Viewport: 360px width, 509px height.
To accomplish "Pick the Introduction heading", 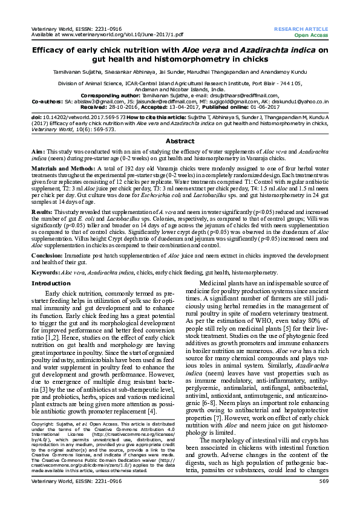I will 51,284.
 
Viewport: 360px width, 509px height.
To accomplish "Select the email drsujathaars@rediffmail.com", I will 241,96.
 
